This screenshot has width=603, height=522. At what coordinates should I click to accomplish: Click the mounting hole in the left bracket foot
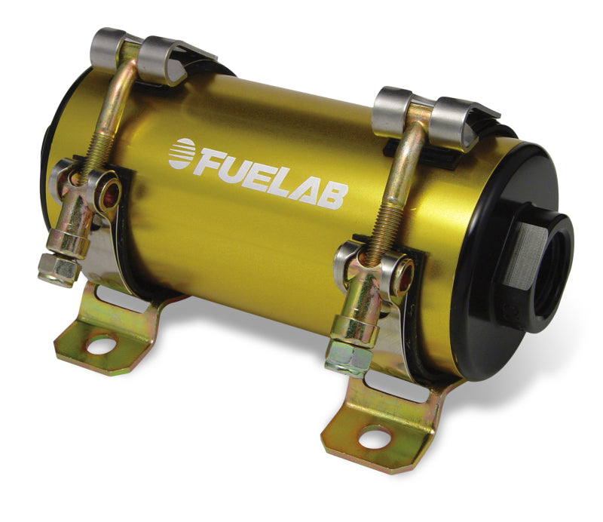[x=102, y=345]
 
